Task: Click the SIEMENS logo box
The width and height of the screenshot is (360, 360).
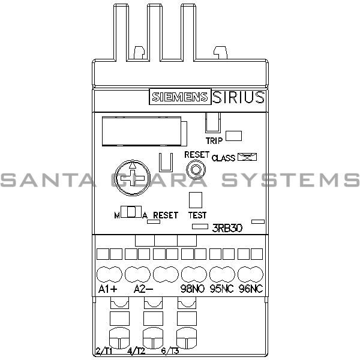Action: point(179,98)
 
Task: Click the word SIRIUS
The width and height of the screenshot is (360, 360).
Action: point(238,98)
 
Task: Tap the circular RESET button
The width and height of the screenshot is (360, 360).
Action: point(194,171)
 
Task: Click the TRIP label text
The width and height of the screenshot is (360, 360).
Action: point(215,141)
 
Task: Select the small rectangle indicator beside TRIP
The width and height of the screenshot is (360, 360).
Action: point(233,136)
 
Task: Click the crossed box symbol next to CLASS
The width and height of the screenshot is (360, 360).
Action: point(247,157)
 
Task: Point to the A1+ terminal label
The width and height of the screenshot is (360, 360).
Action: point(107,289)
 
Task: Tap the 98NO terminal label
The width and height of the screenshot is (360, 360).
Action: point(193,289)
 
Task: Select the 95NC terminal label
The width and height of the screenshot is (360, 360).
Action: point(221,289)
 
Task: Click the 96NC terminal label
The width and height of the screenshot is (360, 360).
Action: point(251,289)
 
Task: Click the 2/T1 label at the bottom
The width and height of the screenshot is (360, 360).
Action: point(103,351)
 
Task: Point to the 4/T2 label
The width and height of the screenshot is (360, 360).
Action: point(136,351)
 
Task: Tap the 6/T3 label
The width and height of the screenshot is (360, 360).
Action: point(169,351)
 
